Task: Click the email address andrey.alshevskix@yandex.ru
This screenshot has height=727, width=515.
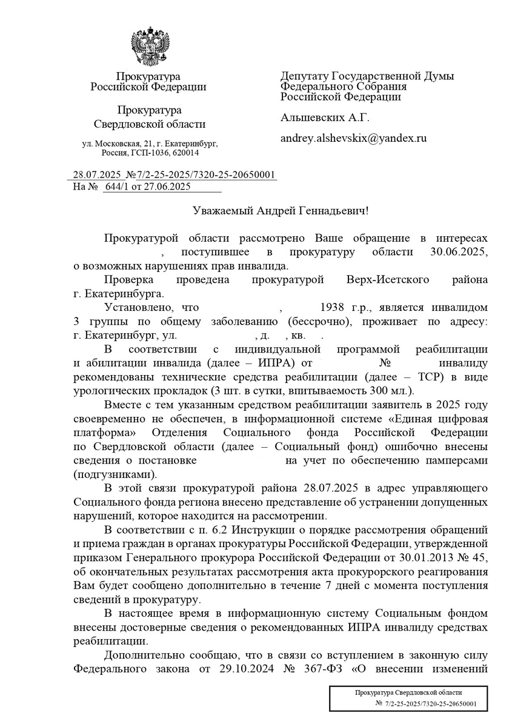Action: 353,138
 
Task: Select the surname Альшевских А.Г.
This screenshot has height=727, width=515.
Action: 324,118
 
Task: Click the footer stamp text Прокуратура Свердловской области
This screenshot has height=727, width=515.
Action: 408,692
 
